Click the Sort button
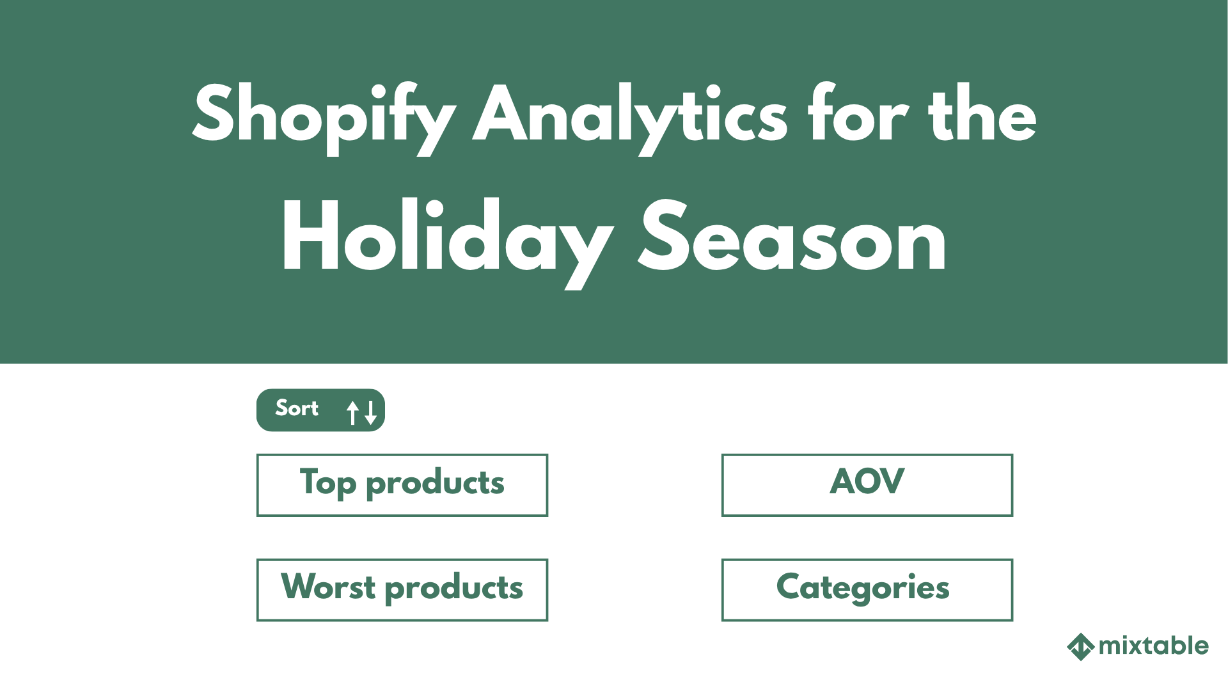click(x=320, y=410)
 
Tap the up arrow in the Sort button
click(x=352, y=412)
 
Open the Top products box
click(x=402, y=485)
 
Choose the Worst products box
click(x=402, y=590)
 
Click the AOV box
click(x=867, y=485)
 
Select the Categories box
click(x=867, y=590)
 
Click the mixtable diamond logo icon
click(x=1080, y=646)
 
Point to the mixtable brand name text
click(x=1153, y=646)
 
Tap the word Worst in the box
click(x=328, y=587)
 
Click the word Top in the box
click(x=327, y=484)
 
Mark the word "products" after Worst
click(x=454, y=589)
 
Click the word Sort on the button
click(x=297, y=408)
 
